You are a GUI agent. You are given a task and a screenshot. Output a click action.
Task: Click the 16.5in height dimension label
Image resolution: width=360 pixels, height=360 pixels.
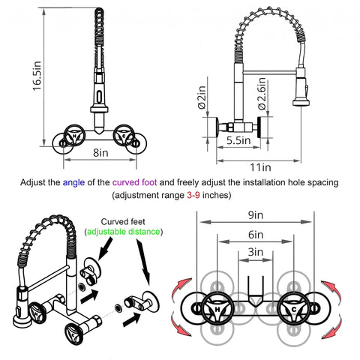(x=37, y=76)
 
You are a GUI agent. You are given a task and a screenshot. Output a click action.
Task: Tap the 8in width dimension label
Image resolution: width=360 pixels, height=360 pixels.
(x=100, y=152)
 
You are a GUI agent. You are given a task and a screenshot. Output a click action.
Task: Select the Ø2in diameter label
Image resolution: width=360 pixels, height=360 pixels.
(x=202, y=97)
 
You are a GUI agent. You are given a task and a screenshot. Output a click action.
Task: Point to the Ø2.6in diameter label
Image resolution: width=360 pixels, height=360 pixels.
(x=262, y=94)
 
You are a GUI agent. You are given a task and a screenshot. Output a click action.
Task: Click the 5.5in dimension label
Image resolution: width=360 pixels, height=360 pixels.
(x=238, y=140)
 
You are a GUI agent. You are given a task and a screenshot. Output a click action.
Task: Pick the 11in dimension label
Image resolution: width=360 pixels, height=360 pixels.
(x=260, y=167)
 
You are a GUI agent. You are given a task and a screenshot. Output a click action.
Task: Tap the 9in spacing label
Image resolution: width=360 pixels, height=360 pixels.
(x=256, y=215)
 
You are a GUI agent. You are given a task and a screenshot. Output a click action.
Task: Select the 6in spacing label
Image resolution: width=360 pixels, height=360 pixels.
(x=256, y=235)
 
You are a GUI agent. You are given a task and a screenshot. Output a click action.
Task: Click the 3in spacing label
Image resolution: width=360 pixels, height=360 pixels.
(x=256, y=252)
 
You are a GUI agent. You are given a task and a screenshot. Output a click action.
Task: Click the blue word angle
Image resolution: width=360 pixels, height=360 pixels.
(x=73, y=183)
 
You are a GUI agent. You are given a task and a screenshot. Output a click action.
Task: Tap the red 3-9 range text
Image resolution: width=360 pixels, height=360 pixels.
(x=193, y=195)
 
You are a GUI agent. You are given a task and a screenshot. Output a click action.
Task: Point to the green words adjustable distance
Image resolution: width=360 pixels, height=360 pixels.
(x=124, y=232)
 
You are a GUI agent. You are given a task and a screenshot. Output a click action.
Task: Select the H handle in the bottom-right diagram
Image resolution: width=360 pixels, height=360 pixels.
(x=217, y=307)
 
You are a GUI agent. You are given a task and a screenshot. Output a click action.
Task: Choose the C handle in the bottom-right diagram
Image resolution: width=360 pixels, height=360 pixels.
(x=294, y=307)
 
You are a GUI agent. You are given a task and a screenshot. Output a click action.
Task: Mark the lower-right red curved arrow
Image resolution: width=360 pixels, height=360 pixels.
(x=332, y=326)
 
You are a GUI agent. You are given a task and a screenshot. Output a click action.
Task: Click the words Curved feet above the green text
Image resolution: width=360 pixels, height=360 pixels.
(x=123, y=222)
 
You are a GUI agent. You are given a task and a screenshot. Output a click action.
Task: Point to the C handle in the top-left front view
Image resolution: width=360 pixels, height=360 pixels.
(x=124, y=135)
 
